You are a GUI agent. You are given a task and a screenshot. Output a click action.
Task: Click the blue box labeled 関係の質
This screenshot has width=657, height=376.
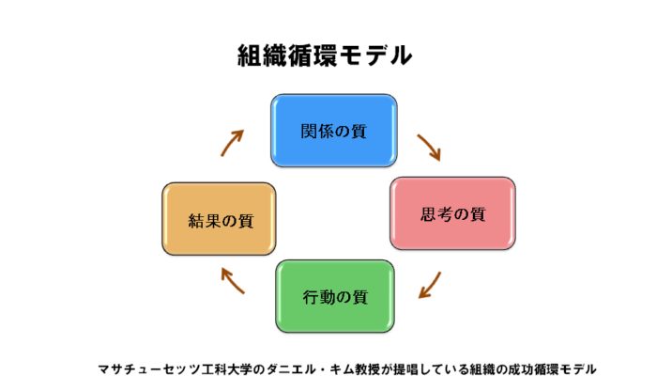(334, 131)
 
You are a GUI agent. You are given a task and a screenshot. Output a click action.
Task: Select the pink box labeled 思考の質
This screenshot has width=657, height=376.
(452, 213)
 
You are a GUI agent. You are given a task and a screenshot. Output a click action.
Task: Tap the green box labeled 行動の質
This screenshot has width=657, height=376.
(335, 296)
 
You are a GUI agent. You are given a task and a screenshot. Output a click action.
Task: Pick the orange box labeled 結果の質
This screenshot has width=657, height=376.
(219, 219)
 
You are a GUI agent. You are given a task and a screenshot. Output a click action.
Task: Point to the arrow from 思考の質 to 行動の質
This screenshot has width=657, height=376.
(430, 286)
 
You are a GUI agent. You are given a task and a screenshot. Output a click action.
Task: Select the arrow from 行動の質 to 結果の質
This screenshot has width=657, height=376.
(233, 281)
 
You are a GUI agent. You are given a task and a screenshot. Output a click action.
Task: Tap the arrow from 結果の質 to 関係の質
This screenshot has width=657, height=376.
(232, 143)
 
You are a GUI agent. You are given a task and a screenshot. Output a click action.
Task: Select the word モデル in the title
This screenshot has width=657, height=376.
(375, 55)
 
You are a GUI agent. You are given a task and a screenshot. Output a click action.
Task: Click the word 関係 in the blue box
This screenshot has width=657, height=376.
(317, 132)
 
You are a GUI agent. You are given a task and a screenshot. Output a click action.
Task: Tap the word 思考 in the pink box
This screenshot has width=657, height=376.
(436, 214)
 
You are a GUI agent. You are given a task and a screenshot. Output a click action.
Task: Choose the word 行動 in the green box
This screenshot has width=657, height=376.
(319, 297)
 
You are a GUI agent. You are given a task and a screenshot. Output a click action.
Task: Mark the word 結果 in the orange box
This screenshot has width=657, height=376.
(205, 221)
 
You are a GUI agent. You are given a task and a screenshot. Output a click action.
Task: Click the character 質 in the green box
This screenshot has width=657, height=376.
(359, 297)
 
